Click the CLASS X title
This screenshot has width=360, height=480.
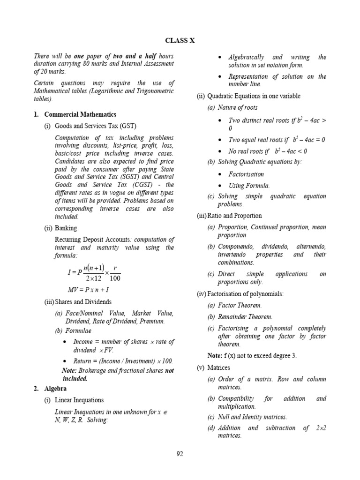click(180, 41)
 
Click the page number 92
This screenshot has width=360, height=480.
click(180, 453)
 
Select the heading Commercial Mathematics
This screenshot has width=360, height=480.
click(80, 114)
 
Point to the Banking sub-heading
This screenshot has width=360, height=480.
click(68, 228)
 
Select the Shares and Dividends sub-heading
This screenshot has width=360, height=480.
click(83, 302)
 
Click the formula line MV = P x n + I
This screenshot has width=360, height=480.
click(89, 290)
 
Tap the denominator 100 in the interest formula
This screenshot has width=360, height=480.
click(115, 279)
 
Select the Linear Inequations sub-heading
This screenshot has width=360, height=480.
click(79, 400)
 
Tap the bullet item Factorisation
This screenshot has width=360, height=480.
click(246, 174)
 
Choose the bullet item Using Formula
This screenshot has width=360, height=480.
click(249, 186)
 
